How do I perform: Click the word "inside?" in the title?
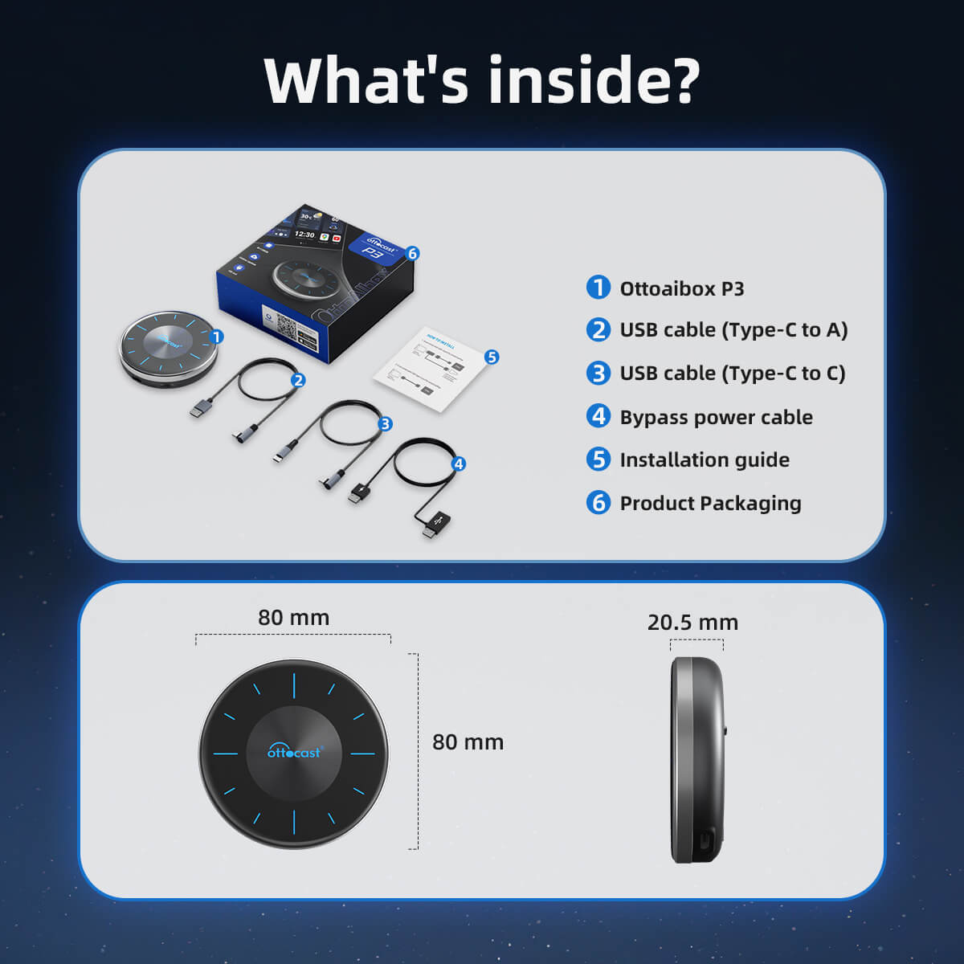click(x=594, y=80)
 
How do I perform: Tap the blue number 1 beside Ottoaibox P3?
click(x=598, y=288)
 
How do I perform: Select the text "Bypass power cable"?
click(x=716, y=417)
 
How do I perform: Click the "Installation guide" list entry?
click(x=705, y=460)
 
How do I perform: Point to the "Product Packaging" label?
click(x=710, y=503)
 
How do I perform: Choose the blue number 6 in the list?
click(x=598, y=503)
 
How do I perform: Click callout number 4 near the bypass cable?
click(x=459, y=464)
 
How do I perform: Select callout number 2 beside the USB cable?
click(x=298, y=380)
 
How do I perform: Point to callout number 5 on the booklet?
click(x=492, y=357)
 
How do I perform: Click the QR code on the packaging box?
click(x=287, y=325)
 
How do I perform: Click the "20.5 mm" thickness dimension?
click(x=692, y=623)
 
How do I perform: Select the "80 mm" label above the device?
click(x=293, y=618)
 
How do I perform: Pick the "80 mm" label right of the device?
click(x=468, y=742)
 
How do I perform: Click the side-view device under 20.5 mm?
click(x=697, y=760)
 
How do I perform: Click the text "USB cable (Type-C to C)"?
click(x=732, y=373)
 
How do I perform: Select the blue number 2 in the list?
click(x=598, y=329)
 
